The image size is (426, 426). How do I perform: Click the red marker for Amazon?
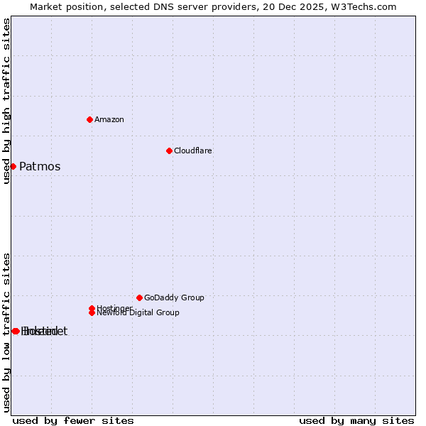click(x=89, y=119)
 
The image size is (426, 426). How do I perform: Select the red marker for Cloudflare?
click(x=169, y=151)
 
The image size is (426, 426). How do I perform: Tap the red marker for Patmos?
click(x=13, y=166)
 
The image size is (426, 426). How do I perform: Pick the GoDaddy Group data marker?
click(x=139, y=297)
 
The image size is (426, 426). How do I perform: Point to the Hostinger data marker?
click(x=92, y=308)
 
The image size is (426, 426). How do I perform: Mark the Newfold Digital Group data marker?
click(x=92, y=313)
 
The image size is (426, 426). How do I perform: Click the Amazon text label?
click(x=109, y=119)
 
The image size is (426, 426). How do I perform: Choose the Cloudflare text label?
click(x=193, y=151)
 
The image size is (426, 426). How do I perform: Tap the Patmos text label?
click(x=40, y=167)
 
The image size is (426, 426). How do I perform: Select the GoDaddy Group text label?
click(x=174, y=297)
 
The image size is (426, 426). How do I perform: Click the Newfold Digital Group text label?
click(x=139, y=313)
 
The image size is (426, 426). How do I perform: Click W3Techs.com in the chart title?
click(x=368, y=6)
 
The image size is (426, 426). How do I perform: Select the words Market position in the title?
click(x=63, y=6)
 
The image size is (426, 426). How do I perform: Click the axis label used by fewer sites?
click(x=73, y=420)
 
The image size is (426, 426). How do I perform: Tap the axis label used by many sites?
click(x=356, y=420)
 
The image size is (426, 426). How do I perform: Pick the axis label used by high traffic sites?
click(x=6, y=101)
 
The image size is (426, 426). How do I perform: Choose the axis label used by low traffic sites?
click(x=6, y=332)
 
